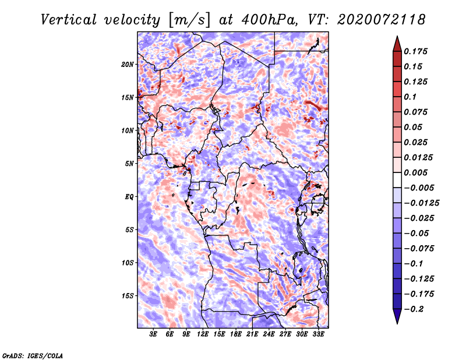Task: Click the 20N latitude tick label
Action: point(128,65)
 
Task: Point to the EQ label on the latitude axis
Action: point(129,197)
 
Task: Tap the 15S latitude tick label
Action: point(128,296)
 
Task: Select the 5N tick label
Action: point(129,164)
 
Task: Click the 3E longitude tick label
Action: point(153,334)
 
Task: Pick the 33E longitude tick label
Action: point(318,334)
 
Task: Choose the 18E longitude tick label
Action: point(236,334)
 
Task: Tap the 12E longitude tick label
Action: point(203,334)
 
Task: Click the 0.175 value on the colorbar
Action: point(415,51)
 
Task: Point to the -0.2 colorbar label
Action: point(414,309)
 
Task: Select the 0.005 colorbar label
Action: point(415,172)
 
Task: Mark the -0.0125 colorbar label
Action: point(421,203)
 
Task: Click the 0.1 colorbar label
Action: point(410,97)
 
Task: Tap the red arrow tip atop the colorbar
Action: point(397,37)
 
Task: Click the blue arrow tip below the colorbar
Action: point(397,323)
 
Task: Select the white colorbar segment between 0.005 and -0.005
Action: point(397,180)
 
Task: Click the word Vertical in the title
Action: point(69,20)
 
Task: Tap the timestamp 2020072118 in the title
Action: point(381,20)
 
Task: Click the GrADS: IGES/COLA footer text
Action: point(33,356)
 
